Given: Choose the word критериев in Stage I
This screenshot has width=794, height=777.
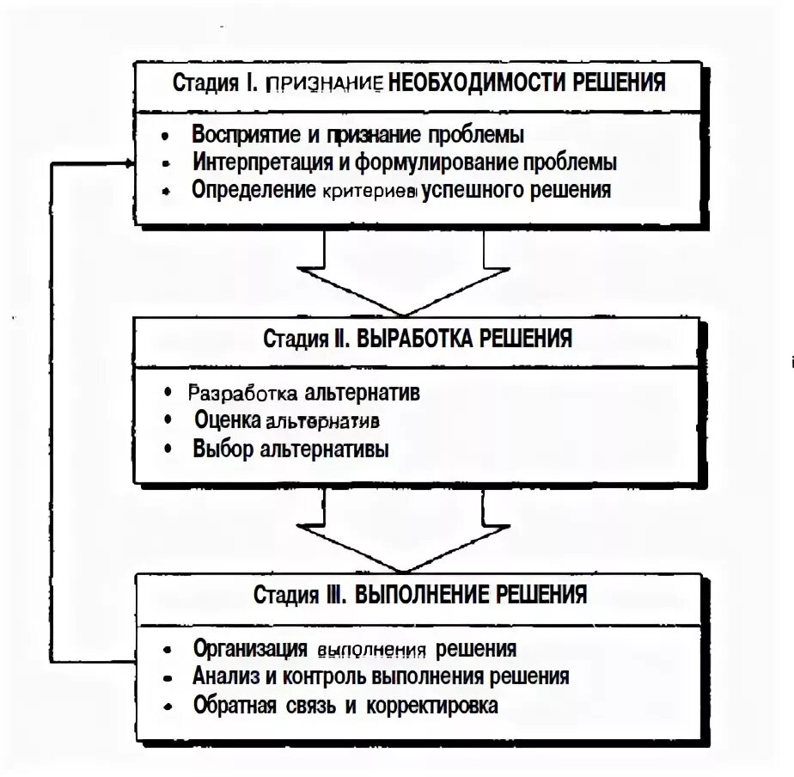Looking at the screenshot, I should click(x=370, y=190).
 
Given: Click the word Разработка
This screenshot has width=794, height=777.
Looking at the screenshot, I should click(x=242, y=394).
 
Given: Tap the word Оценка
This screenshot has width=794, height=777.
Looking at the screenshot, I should click(x=228, y=421).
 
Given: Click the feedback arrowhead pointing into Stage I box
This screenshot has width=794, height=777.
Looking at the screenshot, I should click(x=129, y=162).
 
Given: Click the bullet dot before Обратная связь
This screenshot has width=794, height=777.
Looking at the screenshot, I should click(x=174, y=707).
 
